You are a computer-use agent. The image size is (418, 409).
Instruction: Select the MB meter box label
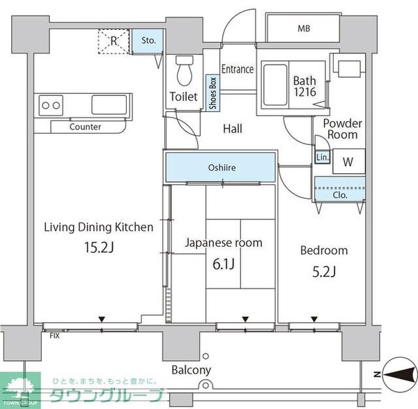pos(304,29)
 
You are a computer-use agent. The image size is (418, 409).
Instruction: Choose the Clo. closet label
pos(340,195)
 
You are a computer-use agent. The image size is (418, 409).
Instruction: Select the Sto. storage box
pos(148,40)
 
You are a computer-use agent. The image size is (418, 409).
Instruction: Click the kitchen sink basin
pos(107,105)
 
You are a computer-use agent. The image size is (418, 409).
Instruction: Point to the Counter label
pos(86,127)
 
